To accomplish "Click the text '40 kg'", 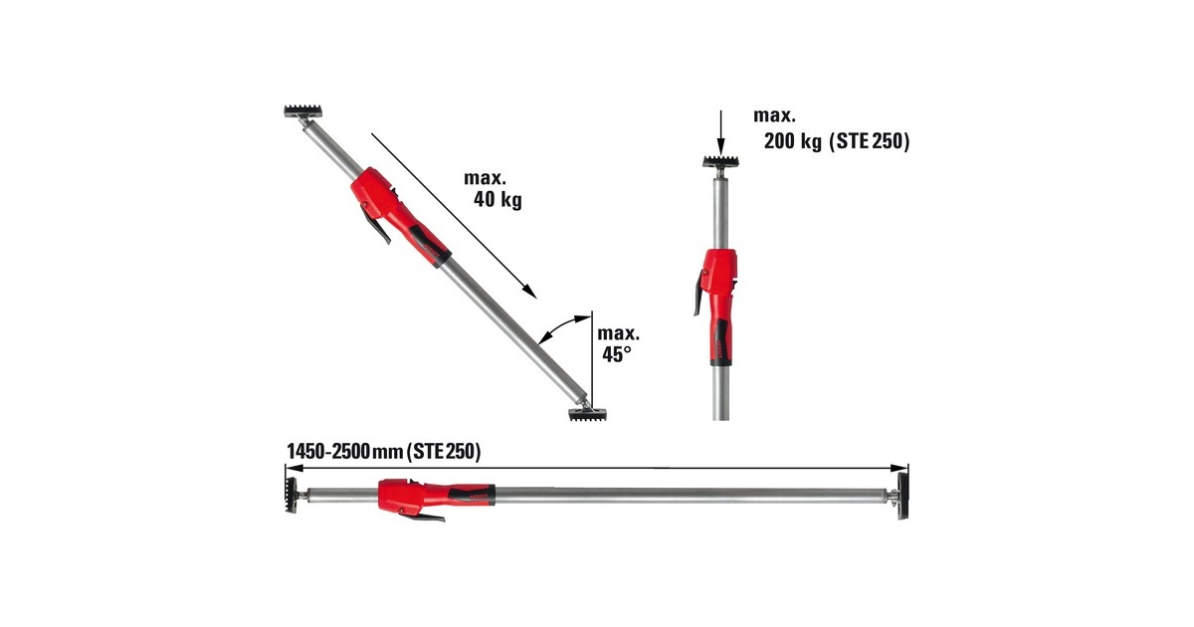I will [x=498, y=200].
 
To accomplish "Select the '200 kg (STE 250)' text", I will [x=836, y=142].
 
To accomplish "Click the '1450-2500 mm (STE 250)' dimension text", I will [x=383, y=452].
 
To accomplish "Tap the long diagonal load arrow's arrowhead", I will [x=530, y=293].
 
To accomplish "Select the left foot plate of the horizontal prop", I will [x=288, y=495].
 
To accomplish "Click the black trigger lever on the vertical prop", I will [x=697, y=298].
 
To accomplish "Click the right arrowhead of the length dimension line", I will [x=901, y=467].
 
